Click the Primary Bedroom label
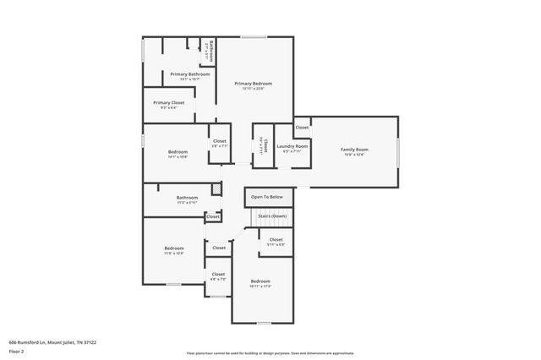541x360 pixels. click(254, 84)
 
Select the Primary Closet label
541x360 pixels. click(169, 102)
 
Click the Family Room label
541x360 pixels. click(354, 150)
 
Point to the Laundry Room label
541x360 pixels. click(292, 146)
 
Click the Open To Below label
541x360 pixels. click(267, 197)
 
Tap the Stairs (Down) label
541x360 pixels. click(272, 216)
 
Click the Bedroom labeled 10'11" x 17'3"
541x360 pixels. click(260, 281)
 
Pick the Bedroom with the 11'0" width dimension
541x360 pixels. click(173, 248)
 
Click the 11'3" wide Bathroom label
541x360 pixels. click(187, 198)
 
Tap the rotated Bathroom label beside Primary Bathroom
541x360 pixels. click(210, 51)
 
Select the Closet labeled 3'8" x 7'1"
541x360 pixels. click(219, 141)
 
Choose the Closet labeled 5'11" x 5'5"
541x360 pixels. click(276, 240)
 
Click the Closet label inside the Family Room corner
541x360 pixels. click(302, 128)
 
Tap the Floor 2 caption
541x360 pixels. click(17, 350)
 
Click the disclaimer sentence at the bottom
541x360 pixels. click(270, 353)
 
